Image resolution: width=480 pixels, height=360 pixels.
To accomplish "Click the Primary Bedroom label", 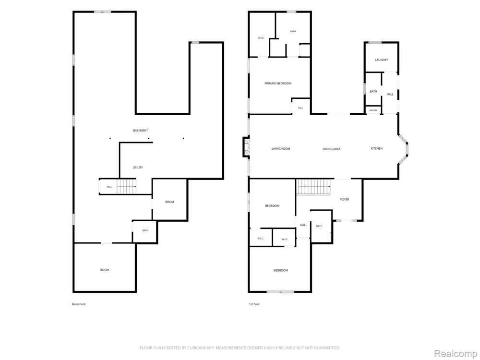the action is coord(278,83).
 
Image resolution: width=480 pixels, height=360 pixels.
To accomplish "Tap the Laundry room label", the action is coord(382,60).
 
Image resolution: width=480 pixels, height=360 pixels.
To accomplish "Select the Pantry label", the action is coord(373,110).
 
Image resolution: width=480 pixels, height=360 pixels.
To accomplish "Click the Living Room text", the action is coord(281,149).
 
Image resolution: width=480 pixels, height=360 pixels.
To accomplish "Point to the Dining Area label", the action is coord(332,149).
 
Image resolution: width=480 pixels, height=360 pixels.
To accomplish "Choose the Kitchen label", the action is coord(376,148).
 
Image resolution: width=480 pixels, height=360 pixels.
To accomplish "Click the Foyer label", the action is coord(344,200).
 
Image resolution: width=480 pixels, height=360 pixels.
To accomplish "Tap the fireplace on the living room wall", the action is coord(246,147).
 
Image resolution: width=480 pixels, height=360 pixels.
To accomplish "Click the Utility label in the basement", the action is coord(138,168).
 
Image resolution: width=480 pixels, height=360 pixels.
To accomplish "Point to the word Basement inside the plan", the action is coord(141,131).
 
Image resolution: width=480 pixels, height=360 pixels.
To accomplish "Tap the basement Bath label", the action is coord(145,230).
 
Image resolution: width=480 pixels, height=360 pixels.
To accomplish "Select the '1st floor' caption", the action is coord(254,304).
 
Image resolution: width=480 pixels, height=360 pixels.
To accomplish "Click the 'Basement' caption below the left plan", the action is coord(79,304).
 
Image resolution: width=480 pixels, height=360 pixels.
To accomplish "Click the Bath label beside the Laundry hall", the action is coord(373,92).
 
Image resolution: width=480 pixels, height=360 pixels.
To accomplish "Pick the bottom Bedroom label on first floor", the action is coord(281,270).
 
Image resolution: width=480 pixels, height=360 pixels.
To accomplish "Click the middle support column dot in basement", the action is coord(149,138).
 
